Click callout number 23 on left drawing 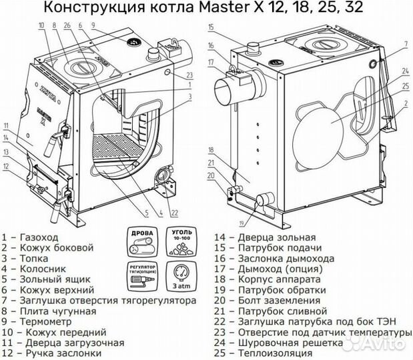pyautogui.click(x=189, y=75)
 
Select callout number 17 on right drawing pyautogui.click(x=211, y=63)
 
